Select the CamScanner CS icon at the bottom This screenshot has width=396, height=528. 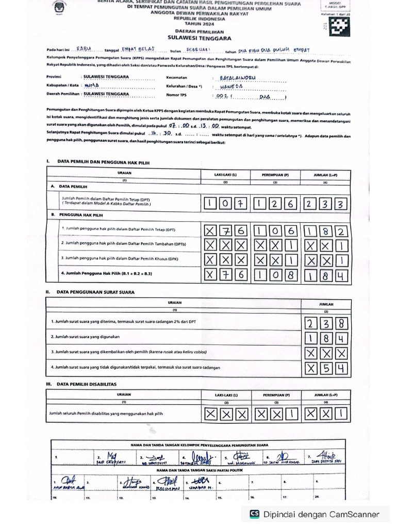click(x=254, y=514)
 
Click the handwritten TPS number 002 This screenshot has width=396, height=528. click(x=222, y=96)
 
